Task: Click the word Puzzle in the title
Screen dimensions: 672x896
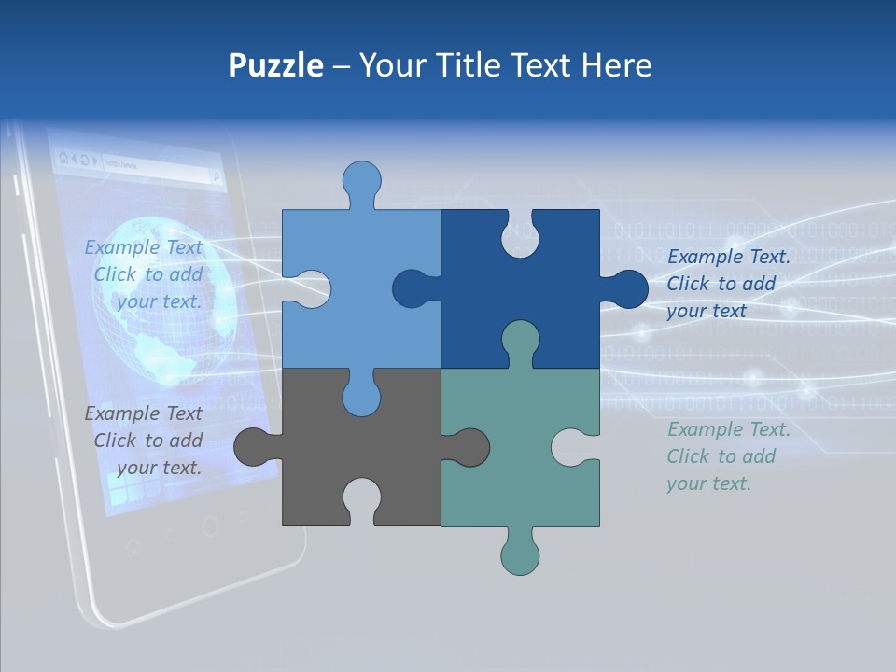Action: pyautogui.click(x=275, y=65)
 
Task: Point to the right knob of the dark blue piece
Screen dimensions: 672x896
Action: pyautogui.click(x=626, y=288)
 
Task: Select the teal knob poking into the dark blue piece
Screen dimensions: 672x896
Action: pyautogui.click(x=520, y=340)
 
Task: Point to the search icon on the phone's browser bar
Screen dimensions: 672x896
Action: pyautogui.click(x=216, y=175)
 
